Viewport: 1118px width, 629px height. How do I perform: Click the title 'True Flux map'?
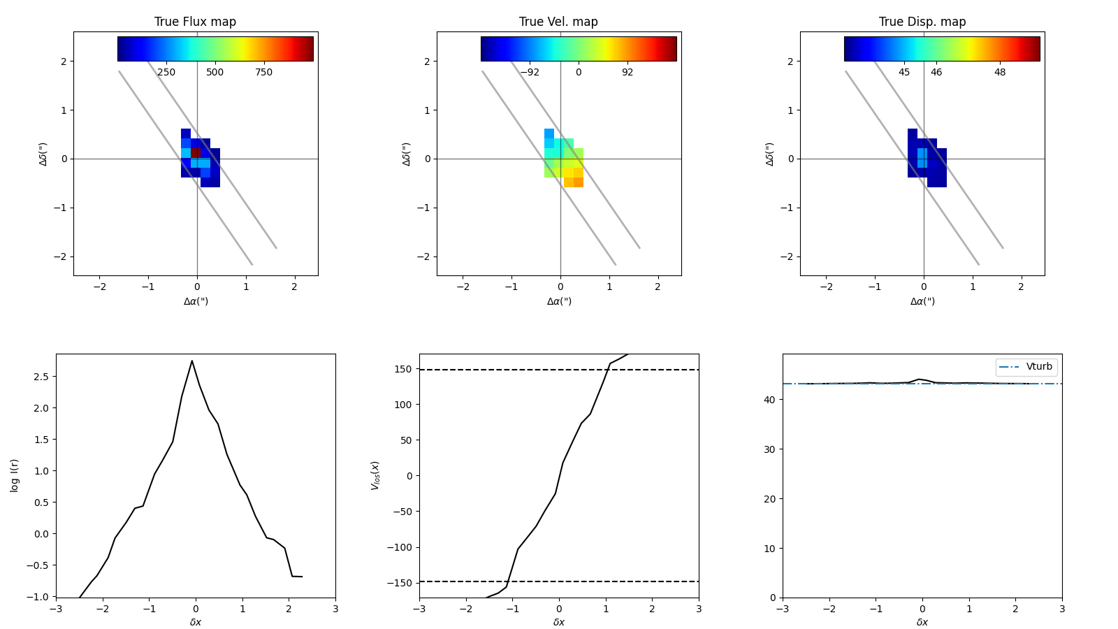coord(195,22)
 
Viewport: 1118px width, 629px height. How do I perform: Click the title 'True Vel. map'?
coord(558,22)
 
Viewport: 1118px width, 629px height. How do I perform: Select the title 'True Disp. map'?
coord(922,22)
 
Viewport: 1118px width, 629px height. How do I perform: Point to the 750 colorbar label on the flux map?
coord(263,73)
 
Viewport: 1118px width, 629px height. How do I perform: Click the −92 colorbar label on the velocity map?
coord(529,73)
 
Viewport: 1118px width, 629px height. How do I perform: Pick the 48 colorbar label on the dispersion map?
coord(1000,73)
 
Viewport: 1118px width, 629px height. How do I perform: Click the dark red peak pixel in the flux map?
coord(196,152)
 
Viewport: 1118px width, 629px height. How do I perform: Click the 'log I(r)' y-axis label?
coord(15,475)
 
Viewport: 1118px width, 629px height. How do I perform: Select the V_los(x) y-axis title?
coord(375,475)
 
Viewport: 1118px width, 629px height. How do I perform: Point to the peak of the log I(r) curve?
coord(192,361)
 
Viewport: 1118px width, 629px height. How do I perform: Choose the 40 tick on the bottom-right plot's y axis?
coord(770,400)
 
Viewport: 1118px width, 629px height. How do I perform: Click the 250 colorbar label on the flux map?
coord(166,73)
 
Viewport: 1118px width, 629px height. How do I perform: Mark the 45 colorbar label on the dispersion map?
coord(904,73)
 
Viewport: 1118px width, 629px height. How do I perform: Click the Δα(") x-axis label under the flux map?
coord(196,302)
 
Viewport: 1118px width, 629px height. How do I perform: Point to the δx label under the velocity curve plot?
coord(559,622)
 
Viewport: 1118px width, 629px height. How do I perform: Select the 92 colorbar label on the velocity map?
coord(627,73)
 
